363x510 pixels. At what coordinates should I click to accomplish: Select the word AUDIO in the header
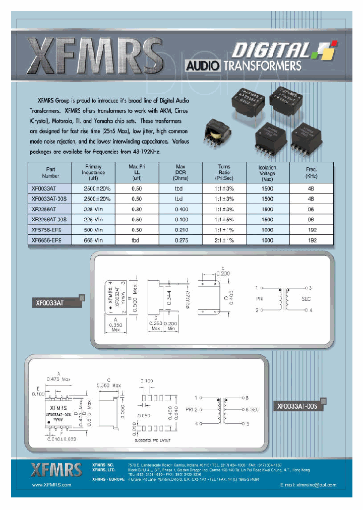[x=203, y=66]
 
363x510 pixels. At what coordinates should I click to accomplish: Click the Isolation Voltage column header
[x=267, y=173]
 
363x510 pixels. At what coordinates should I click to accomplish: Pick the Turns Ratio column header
[x=224, y=173]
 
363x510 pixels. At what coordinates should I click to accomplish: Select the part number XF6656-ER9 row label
[x=48, y=240]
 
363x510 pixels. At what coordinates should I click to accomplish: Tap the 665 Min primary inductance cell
[x=93, y=240]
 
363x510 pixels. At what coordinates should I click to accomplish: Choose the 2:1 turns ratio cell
[x=224, y=240]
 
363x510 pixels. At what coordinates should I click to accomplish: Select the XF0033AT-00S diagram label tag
[x=297, y=406]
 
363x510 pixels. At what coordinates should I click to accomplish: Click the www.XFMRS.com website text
[x=51, y=484]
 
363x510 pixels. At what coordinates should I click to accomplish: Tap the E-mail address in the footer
[x=308, y=484]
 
